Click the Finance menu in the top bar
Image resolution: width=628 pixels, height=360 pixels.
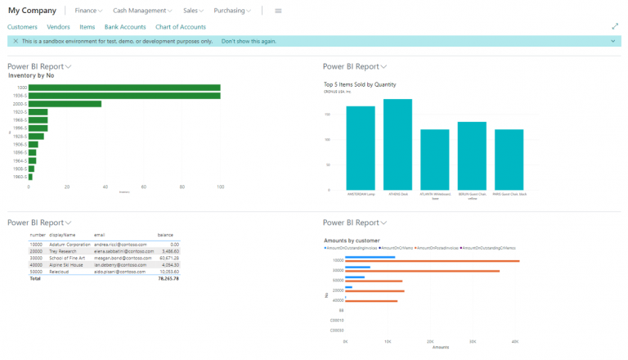[x=87, y=11]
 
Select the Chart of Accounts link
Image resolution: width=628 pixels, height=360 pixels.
[x=181, y=27]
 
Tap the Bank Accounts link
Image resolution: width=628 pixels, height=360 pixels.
[x=125, y=27]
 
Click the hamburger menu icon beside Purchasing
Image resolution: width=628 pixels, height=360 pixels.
[x=278, y=11]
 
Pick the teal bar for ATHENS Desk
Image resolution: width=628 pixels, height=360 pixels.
[x=397, y=144]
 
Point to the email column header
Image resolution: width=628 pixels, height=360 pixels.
[x=100, y=235]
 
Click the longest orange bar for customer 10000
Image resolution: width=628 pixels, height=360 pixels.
[x=433, y=261]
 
